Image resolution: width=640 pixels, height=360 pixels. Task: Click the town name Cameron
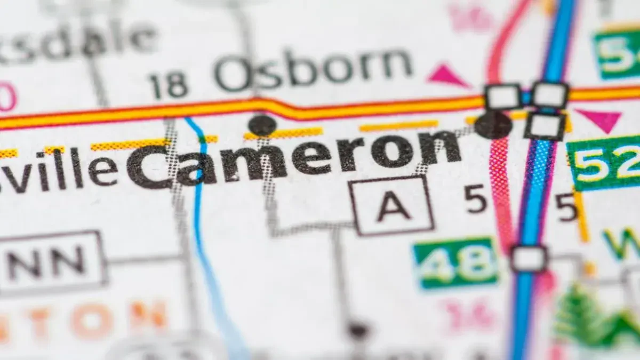293,158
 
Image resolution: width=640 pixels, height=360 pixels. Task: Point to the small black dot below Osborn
262,125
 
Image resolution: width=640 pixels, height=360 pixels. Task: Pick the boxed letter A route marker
392,206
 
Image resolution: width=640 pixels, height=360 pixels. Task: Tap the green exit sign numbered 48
457,263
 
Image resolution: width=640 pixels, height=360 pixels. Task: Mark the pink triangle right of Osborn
447,76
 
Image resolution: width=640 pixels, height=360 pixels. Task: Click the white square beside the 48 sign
529,259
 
